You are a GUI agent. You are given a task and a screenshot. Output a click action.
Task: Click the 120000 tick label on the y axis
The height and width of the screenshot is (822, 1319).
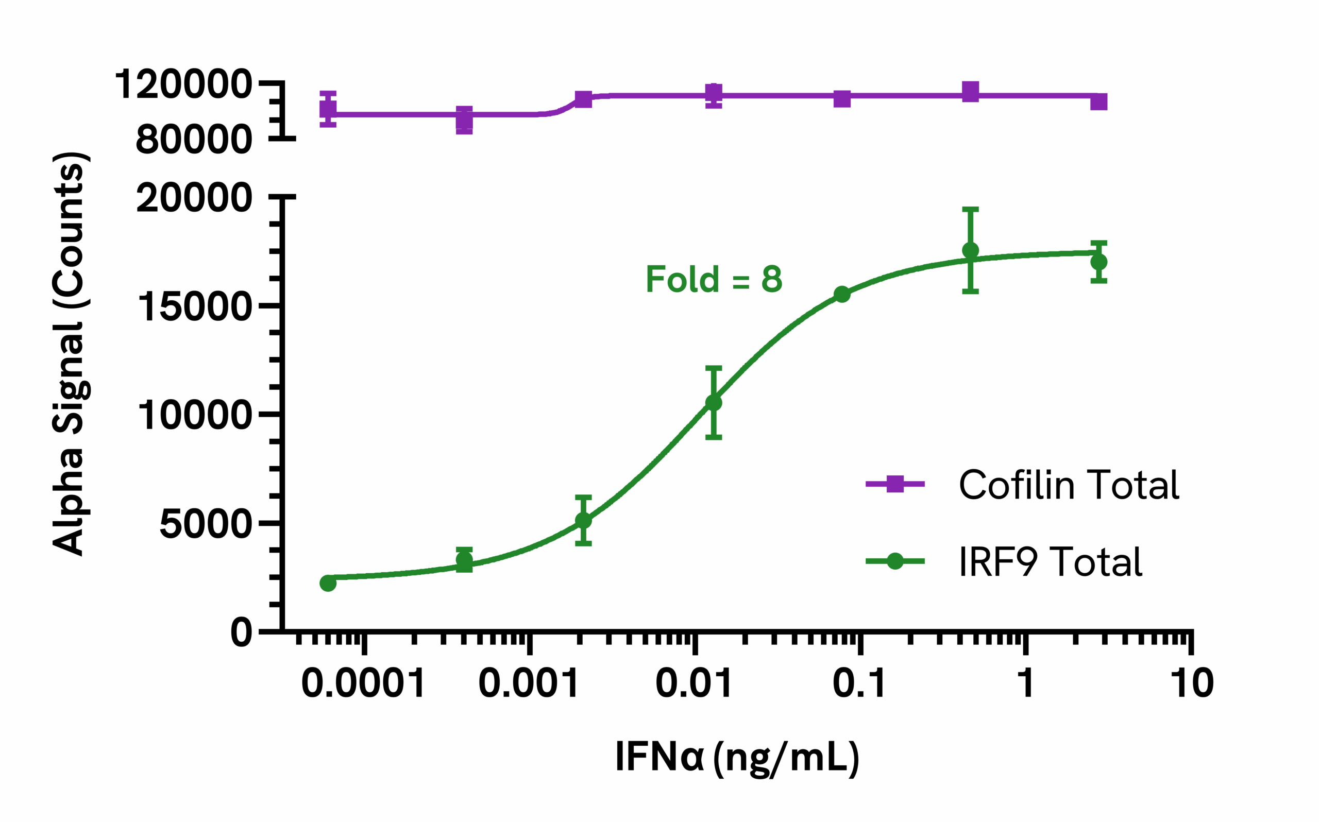183,85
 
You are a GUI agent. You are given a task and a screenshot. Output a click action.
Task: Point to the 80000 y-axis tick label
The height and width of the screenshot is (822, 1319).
194,140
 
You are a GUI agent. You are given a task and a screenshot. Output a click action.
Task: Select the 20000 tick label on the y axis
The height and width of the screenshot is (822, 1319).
194,198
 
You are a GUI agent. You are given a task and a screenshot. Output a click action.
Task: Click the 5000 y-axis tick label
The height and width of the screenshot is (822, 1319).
206,525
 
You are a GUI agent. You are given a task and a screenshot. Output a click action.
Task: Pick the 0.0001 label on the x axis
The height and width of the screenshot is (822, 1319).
363,683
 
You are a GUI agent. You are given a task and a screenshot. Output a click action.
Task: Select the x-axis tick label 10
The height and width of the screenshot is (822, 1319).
1192,683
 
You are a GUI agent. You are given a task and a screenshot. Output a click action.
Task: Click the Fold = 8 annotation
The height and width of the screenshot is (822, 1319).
713,280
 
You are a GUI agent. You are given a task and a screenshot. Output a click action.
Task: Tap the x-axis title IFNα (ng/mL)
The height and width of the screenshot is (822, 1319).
737,757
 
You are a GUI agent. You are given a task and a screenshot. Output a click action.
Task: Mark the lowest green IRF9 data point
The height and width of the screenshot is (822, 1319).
328,584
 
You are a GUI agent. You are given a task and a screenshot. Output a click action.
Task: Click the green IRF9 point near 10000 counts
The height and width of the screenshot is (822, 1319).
713,403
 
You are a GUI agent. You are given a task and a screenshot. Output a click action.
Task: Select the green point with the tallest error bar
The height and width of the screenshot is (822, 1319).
971,251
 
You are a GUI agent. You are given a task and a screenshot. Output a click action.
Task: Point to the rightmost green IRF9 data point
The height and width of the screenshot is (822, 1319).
1099,262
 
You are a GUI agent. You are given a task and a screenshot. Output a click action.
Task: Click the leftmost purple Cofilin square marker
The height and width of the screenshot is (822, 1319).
328,109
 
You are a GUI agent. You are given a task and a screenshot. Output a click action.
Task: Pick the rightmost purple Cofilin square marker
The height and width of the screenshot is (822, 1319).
1099,101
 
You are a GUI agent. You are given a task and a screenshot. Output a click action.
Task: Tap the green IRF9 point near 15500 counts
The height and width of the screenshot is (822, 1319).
842,295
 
